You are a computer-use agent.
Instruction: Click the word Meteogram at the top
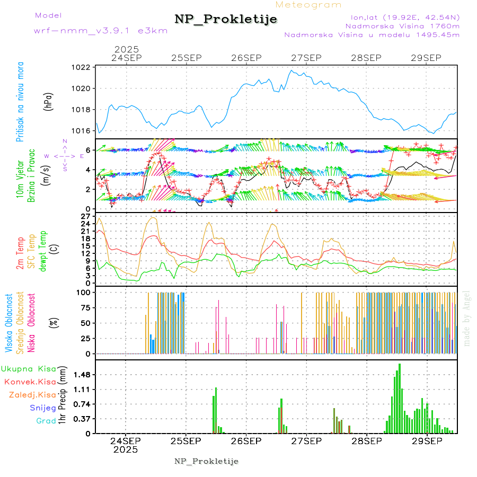309,5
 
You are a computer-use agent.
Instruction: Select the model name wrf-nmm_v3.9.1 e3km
101,31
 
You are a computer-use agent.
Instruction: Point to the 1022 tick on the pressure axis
81,67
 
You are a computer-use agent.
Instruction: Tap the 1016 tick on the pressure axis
81,131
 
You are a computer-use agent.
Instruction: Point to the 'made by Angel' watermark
467,318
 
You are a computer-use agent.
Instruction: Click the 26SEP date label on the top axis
246,57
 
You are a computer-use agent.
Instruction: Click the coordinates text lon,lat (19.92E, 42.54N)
401,16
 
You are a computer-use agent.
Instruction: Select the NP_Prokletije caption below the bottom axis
207,461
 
